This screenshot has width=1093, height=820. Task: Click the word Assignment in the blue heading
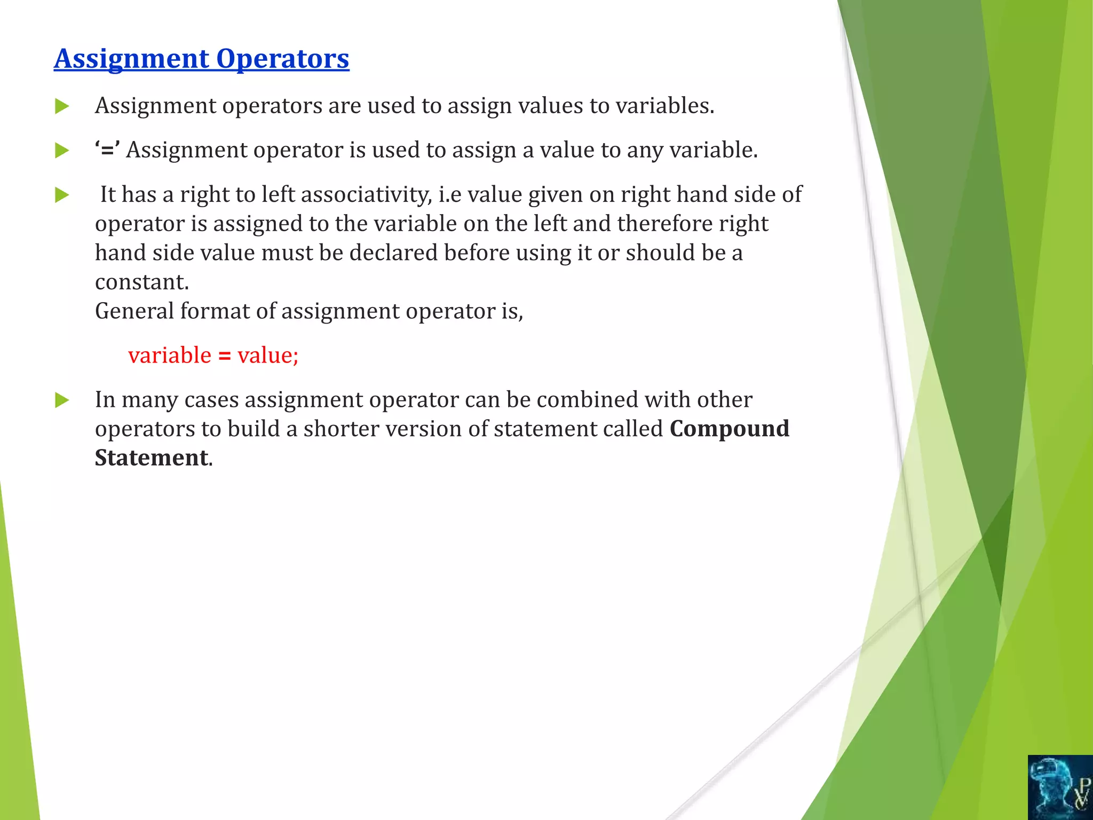[x=132, y=59]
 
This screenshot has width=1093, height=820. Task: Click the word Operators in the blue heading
[x=283, y=59]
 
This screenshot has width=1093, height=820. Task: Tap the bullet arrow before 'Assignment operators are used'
[x=62, y=106]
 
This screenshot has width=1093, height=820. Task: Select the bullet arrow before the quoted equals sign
[x=62, y=151]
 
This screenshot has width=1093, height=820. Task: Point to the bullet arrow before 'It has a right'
[x=62, y=195]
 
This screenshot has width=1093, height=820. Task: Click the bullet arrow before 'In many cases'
[x=62, y=400]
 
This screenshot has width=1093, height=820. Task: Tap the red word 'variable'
[x=170, y=356]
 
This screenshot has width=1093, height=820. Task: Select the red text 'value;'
[x=268, y=356]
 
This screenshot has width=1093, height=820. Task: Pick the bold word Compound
[x=730, y=429]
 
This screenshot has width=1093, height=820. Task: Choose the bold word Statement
[x=152, y=458]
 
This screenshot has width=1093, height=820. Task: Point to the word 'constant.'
[x=142, y=282]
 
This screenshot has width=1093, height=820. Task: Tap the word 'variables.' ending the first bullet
[x=665, y=106]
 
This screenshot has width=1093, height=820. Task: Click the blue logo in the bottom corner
[x=1060, y=787]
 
